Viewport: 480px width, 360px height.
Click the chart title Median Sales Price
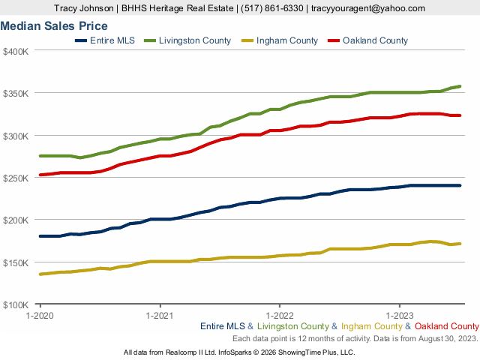coord(54,26)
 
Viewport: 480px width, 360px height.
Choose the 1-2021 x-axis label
coord(159,315)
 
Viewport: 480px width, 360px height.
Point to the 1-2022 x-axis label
coord(279,315)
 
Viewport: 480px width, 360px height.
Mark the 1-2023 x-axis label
coord(399,315)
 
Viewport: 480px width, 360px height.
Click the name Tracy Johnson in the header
coord(85,8)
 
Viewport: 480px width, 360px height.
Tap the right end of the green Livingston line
coord(459,86)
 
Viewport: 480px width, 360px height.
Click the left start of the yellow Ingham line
coord(40,274)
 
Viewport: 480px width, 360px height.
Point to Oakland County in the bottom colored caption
coord(446,326)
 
